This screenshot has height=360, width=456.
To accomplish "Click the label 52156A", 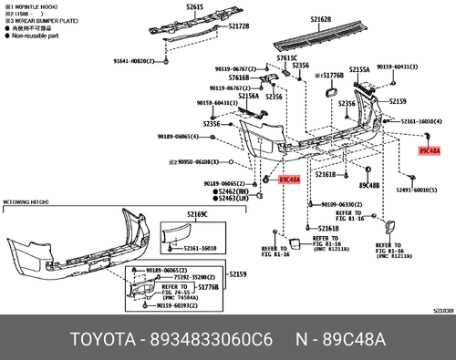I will tap(248, 95).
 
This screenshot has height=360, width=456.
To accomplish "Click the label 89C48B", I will tap(368, 185).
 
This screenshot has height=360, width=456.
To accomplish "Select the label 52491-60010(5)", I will tap(414, 190).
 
